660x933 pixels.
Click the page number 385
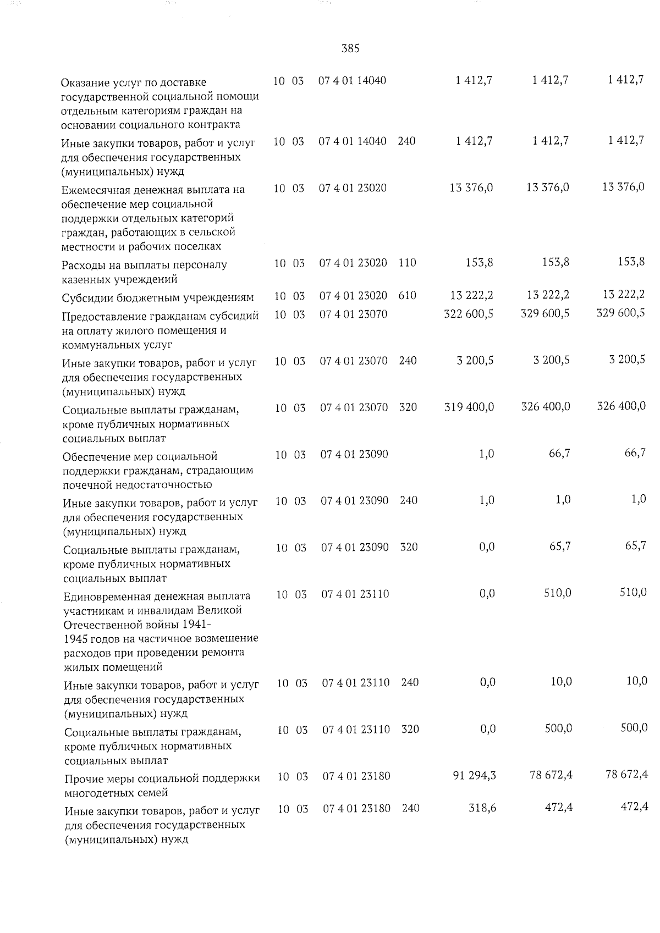[x=350, y=48]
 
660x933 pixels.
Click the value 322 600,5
[x=468, y=313]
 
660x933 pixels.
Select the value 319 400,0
[x=469, y=407]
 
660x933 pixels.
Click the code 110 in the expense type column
[x=407, y=263]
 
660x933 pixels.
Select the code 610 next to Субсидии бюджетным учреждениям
[x=407, y=296]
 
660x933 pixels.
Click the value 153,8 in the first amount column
[x=479, y=262]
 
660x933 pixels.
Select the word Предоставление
[x=102, y=316]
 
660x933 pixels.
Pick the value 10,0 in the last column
[x=637, y=682]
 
